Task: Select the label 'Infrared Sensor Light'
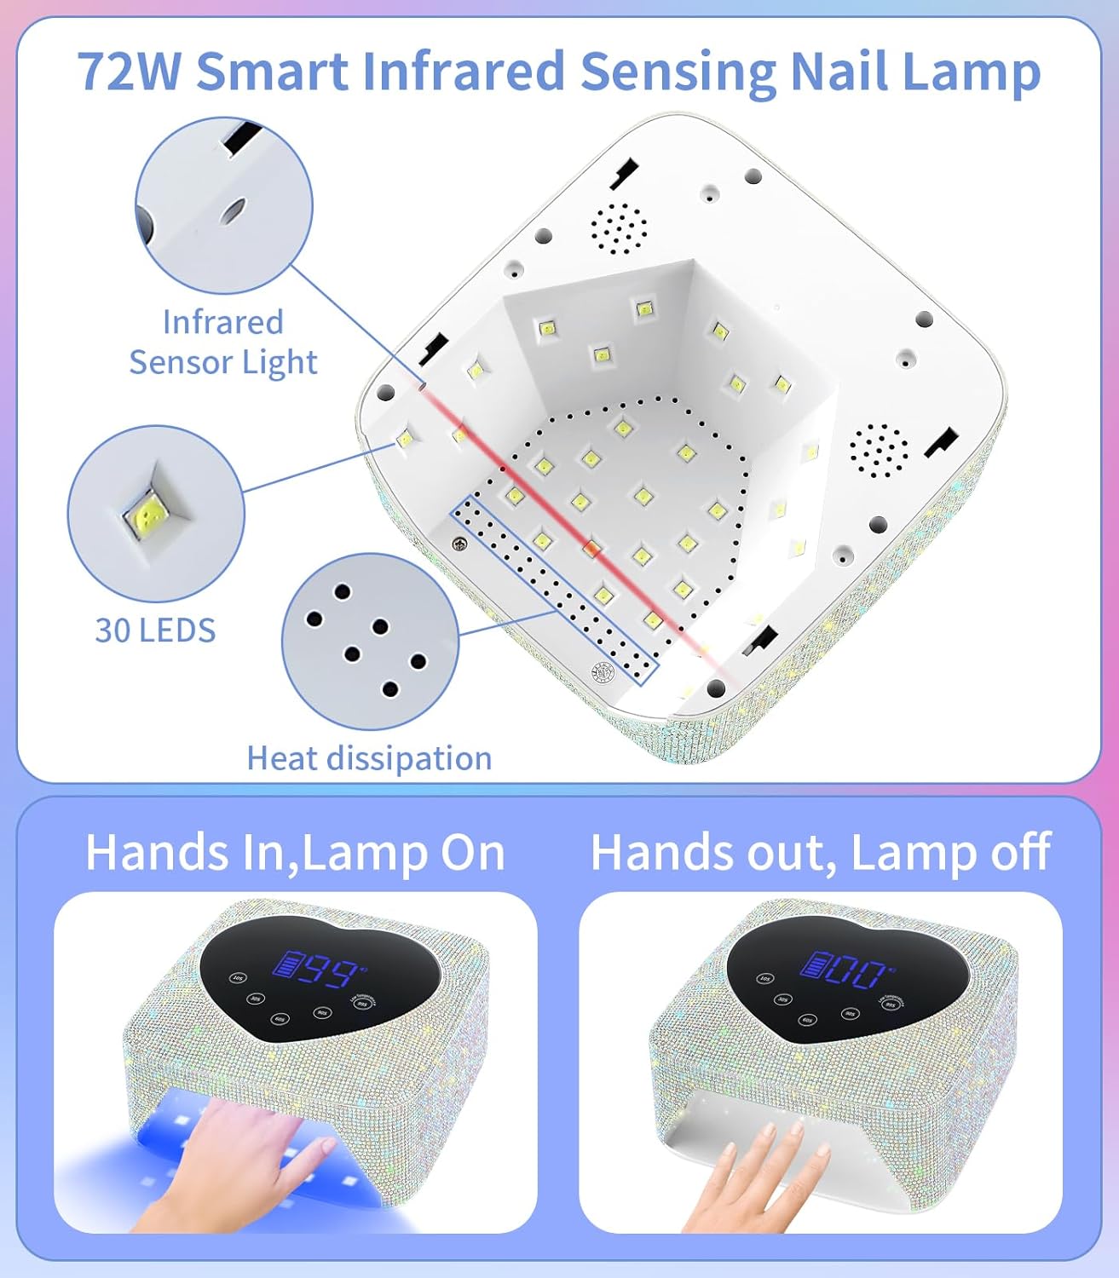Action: tap(223, 343)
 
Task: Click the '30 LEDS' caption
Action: tap(155, 630)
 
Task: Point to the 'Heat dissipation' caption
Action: tap(369, 758)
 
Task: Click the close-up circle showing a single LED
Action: tap(156, 514)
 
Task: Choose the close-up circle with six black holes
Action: tap(370, 641)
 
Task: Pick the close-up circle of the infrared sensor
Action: tap(224, 205)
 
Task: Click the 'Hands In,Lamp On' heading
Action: tap(295, 852)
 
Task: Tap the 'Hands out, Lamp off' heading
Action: tap(820, 852)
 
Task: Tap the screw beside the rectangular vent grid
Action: tap(461, 544)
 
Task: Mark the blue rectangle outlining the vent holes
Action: tap(554, 590)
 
